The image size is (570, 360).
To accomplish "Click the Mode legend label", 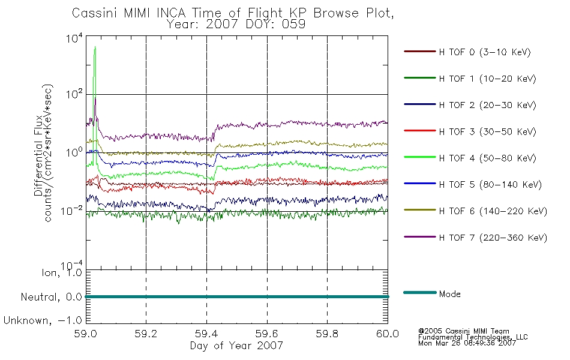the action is (449, 294).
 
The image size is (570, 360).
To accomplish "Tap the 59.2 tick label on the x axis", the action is (146, 334).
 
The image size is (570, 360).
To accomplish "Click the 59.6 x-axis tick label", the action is (267, 334).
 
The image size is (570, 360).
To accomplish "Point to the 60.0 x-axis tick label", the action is (388, 334).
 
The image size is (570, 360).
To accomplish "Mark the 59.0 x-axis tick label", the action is (86, 334).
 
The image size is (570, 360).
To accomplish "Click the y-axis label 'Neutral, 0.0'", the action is (51, 297).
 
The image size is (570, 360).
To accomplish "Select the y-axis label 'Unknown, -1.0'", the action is (43, 320).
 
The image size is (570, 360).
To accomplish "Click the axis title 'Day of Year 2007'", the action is (236, 346).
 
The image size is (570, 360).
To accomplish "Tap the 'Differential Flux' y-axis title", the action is (38, 155).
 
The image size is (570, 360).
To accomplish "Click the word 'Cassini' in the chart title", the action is (95, 13).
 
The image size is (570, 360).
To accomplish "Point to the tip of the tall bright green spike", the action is (95, 47).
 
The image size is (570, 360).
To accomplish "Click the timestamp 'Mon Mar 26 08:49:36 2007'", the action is (467, 343).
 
